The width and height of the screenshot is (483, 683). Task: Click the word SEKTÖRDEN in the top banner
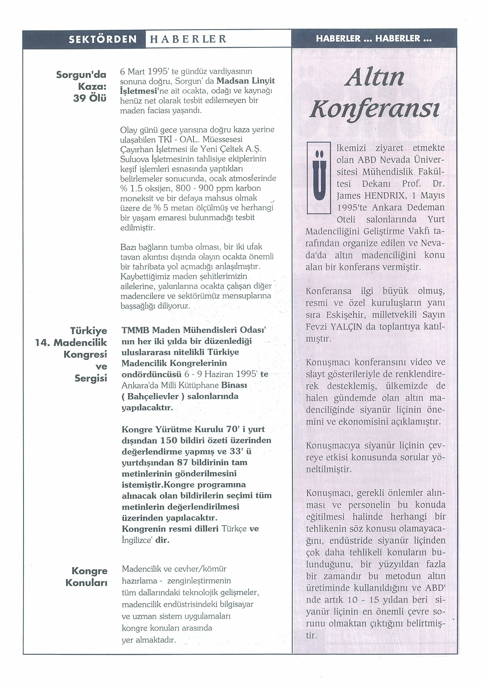click(x=102, y=39)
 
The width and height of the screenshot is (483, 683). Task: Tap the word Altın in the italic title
click(x=375, y=78)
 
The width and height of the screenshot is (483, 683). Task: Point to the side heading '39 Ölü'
click(x=90, y=98)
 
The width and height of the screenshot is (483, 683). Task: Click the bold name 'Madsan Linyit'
click(x=245, y=81)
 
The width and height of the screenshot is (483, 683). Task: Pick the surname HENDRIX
click(x=372, y=196)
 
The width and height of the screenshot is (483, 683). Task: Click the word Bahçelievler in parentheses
click(x=153, y=396)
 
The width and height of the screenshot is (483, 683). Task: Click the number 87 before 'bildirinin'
click(x=182, y=462)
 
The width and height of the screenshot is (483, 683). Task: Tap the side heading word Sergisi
click(x=91, y=378)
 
